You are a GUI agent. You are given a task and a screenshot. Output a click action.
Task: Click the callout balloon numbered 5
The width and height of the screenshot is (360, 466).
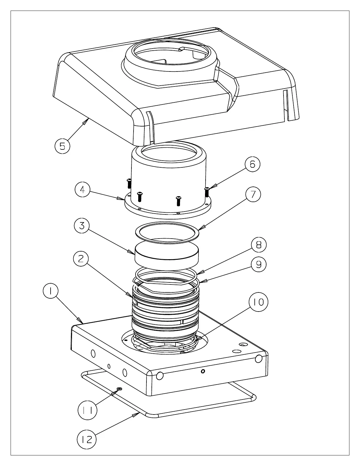pyautogui.click(x=62, y=146)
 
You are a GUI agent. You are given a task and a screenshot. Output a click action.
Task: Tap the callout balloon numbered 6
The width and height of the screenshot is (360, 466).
pyautogui.click(x=252, y=164)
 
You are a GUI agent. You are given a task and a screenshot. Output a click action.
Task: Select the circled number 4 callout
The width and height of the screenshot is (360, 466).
pyautogui.click(x=82, y=190)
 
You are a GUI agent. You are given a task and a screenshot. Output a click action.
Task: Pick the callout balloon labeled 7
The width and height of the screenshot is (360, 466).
pyautogui.click(x=253, y=194)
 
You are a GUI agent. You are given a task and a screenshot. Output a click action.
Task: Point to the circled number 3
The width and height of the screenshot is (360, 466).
pyautogui.click(x=82, y=226)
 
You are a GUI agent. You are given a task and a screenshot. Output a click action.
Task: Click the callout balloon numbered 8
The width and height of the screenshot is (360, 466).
pyautogui.click(x=259, y=245)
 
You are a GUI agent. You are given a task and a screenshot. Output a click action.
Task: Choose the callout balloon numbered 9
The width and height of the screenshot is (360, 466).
pyautogui.click(x=259, y=264)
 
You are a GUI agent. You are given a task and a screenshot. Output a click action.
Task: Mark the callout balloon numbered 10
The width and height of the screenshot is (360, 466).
pyautogui.click(x=259, y=302)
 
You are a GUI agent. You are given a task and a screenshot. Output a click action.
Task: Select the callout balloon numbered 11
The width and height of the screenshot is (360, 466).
pyautogui.click(x=87, y=410)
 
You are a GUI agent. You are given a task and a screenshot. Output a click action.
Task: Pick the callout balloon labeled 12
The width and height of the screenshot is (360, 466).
pyautogui.click(x=87, y=440)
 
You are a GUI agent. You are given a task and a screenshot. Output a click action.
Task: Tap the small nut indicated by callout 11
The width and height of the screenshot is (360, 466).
pyautogui.click(x=119, y=389)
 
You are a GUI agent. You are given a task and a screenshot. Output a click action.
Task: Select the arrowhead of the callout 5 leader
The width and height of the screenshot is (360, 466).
pyautogui.click(x=87, y=119)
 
